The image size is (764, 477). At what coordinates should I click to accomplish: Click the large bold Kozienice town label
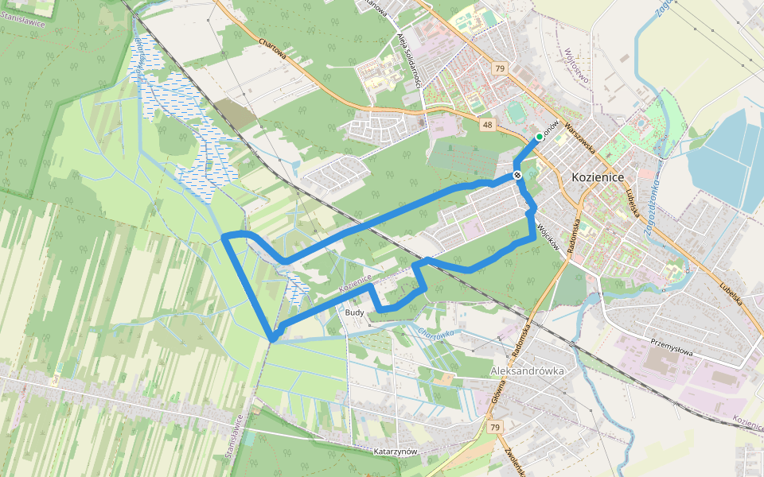pos(598,177)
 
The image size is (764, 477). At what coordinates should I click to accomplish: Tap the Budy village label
pos(355,313)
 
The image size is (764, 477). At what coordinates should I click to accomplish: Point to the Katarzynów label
pos(396,452)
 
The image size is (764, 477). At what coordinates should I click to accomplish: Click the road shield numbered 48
pos(487,125)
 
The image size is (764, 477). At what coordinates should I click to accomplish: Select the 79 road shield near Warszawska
pos(499,69)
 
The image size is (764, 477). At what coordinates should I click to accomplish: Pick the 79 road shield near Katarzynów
pos(495,428)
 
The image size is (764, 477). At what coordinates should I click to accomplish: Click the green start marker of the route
pos(539,137)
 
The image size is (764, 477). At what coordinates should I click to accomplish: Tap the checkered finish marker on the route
pos(518,175)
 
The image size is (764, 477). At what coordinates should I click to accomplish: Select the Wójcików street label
pos(549,238)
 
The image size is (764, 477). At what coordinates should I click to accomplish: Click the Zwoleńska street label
pos(514,462)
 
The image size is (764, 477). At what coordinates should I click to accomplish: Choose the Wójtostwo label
pos(575,76)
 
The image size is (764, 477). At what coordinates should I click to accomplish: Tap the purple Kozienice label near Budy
pos(355,282)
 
